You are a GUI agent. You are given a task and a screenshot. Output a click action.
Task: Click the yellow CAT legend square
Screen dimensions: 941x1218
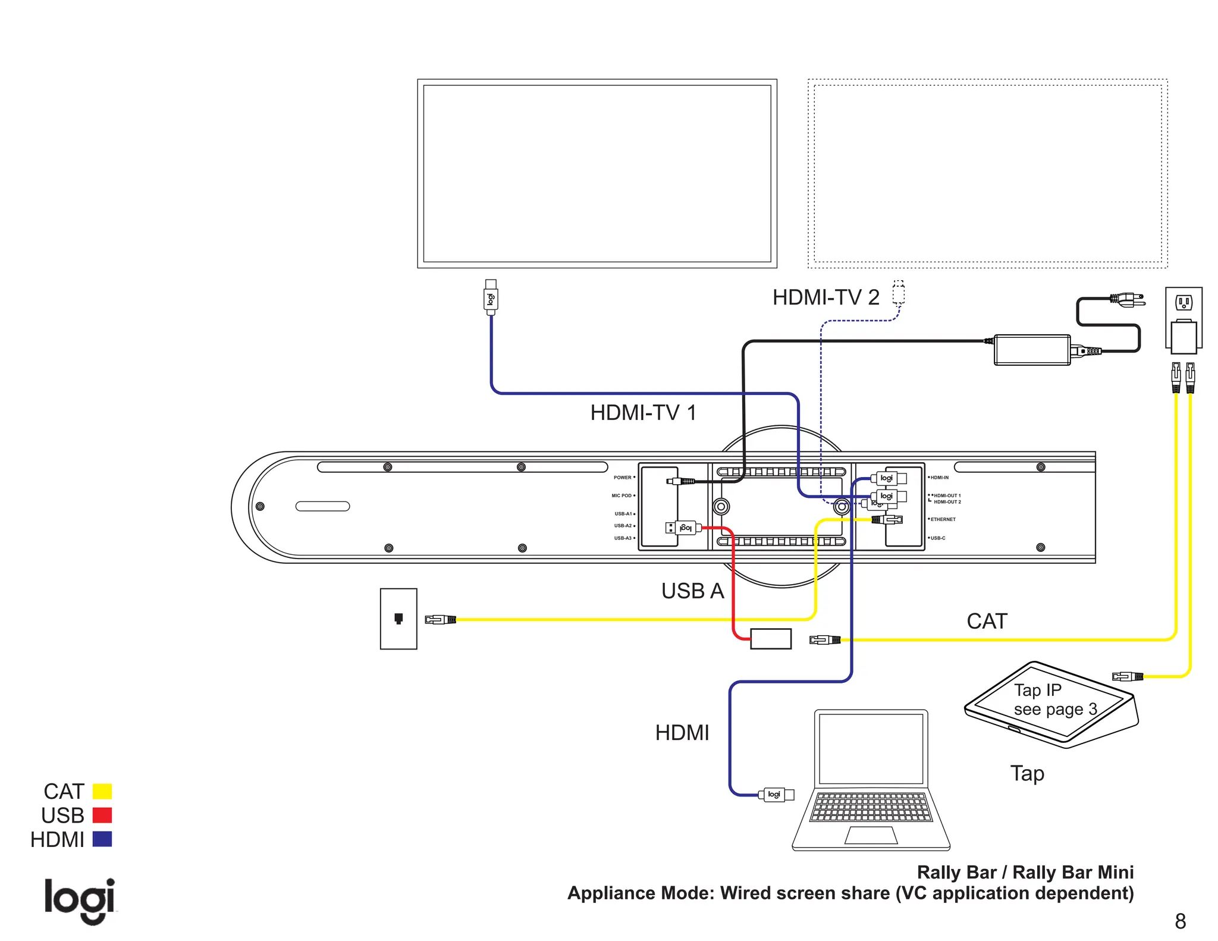click(x=102, y=791)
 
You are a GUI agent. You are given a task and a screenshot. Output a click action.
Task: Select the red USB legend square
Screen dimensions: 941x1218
click(x=102, y=815)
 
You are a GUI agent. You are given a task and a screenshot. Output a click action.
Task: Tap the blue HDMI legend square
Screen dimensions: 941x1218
click(x=102, y=839)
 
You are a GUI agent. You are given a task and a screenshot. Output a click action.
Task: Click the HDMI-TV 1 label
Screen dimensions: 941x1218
click(x=643, y=413)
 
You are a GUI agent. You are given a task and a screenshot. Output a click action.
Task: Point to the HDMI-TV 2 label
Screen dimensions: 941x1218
click(x=825, y=297)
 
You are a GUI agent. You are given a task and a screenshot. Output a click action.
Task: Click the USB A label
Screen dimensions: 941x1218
click(x=692, y=591)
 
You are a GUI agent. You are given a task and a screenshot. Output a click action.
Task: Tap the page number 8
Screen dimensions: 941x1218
click(x=1180, y=921)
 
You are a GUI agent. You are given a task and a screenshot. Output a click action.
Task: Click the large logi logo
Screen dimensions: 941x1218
click(x=80, y=901)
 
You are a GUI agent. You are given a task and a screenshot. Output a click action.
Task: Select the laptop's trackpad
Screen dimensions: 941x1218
click(x=871, y=835)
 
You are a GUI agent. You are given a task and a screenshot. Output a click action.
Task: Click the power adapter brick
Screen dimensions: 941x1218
click(x=1032, y=350)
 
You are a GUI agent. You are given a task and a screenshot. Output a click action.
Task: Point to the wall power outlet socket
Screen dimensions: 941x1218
click(x=1184, y=303)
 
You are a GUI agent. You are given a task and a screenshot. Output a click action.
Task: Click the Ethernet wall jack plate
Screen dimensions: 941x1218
click(x=398, y=619)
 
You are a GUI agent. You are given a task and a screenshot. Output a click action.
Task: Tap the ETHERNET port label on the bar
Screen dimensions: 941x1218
click(x=943, y=519)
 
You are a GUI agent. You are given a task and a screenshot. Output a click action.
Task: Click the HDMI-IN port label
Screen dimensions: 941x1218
click(x=939, y=478)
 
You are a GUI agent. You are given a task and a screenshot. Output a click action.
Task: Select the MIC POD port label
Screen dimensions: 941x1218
click(x=621, y=495)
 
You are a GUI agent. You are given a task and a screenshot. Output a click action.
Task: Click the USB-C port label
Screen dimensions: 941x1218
click(x=937, y=538)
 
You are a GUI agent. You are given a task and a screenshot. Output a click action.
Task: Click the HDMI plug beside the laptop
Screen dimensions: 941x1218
click(x=776, y=795)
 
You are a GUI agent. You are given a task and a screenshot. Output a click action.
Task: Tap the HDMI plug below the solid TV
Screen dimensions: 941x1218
click(x=491, y=297)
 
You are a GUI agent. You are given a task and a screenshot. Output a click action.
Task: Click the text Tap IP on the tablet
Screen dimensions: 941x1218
click(x=1037, y=690)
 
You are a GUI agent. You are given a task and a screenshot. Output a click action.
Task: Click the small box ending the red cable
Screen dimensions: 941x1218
click(x=771, y=639)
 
